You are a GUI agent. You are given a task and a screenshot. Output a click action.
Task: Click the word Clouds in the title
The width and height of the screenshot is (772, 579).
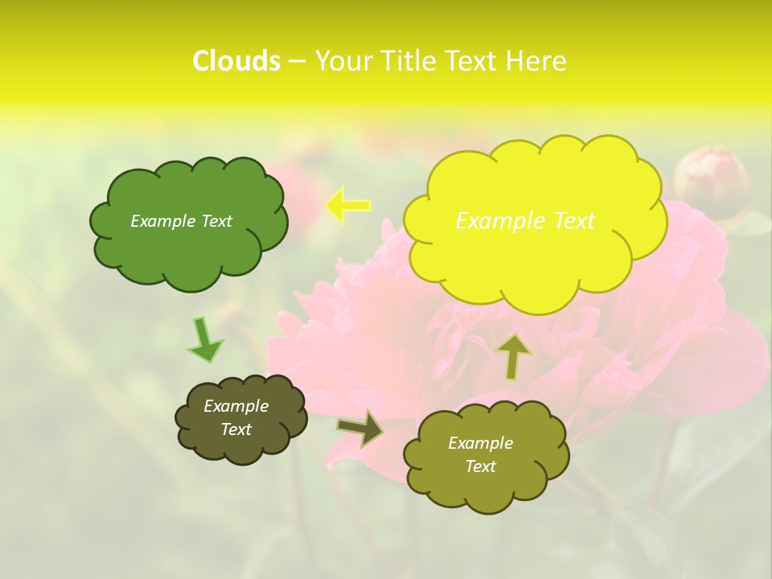pyautogui.click(x=236, y=61)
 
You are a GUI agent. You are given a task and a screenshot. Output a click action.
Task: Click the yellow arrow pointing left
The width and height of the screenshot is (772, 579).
pyautogui.click(x=347, y=205)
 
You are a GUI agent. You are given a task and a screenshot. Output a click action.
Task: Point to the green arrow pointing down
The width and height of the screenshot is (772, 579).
pyautogui.click(x=204, y=340)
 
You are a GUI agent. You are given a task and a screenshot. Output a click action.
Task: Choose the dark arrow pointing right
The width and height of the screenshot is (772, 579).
pyautogui.click(x=360, y=428)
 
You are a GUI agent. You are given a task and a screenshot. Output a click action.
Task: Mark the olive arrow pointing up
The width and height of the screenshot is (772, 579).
pyautogui.click(x=513, y=357)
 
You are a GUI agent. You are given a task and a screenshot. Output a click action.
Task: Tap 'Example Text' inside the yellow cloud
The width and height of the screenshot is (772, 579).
pyautogui.click(x=525, y=220)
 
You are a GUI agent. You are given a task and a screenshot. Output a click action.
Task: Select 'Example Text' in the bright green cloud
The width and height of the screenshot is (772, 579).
pyautogui.click(x=181, y=221)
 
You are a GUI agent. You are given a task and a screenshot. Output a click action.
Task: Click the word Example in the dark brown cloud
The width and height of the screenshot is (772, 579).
pyautogui.click(x=236, y=406)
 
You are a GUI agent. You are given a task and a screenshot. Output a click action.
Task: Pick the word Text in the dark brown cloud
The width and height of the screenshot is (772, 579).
pyautogui.click(x=236, y=429)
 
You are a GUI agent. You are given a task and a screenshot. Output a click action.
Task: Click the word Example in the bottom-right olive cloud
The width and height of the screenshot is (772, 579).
pyautogui.click(x=480, y=443)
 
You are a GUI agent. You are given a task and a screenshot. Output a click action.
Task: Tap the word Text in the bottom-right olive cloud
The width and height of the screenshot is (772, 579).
pyautogui.click(x=480, y=466)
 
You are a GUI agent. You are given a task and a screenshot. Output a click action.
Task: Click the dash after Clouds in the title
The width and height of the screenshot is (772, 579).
pyautogui.click(x=296, y=62)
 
